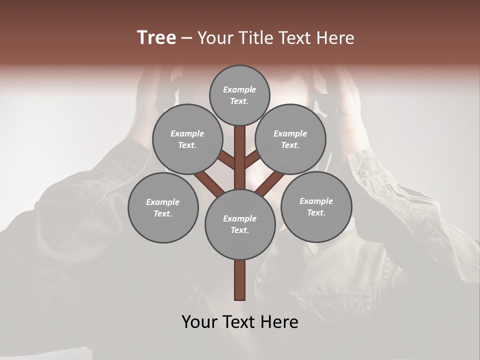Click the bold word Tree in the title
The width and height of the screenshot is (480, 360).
click(156, 38)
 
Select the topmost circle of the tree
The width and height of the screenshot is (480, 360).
click(239, 95)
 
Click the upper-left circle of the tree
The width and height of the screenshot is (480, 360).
click(187, 139)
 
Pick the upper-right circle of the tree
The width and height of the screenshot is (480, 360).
click(290, 139)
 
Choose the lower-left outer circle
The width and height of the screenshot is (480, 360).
click(163, 207)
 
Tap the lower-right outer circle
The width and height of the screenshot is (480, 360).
click(316, 206)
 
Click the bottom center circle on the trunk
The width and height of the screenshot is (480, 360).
click(240, 224)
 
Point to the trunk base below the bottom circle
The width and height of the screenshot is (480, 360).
click(240, 280)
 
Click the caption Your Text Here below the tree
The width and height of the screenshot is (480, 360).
click(240, 322)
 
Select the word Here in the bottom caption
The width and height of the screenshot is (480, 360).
click(279, 322)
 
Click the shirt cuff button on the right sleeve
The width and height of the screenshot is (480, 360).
click(364, 172)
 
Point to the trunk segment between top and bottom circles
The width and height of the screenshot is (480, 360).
click(240, 157)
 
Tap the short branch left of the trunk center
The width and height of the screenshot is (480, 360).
click(226, 160)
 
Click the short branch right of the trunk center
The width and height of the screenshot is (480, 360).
click(251, 159)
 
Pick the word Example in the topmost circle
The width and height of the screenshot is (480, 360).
click(239, 89)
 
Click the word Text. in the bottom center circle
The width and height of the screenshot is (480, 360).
click(239, 230)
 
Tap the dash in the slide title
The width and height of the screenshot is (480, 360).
click(186, 38)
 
